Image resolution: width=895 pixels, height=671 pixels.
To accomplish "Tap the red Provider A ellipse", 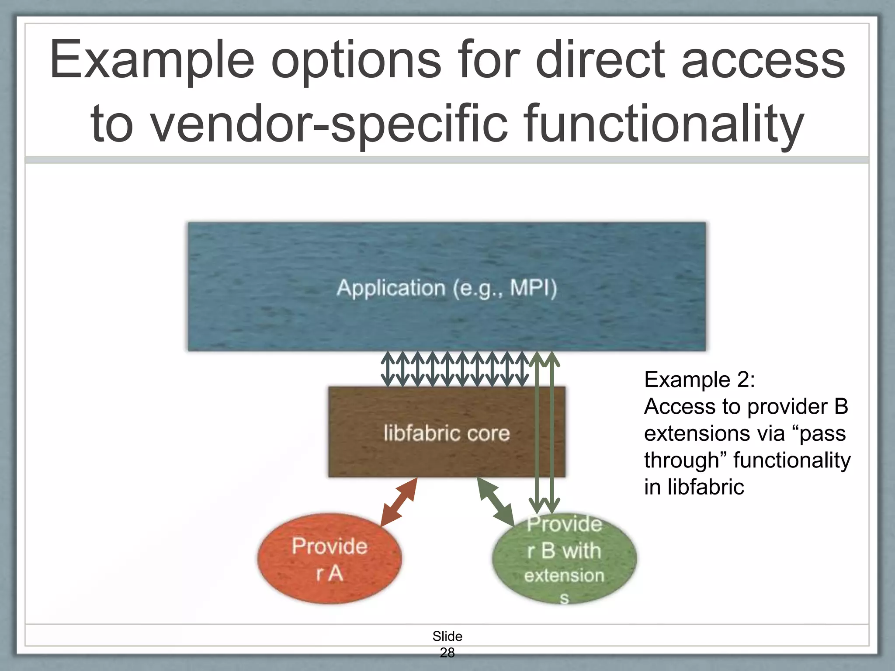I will (330, 559).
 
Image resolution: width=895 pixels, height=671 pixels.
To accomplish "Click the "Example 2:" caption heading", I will (699, 379).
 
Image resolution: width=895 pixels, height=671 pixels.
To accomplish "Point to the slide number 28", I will (447, 653).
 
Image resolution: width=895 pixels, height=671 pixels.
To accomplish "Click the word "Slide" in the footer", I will (447, 636).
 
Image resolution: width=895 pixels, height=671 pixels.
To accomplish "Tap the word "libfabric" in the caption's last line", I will (705, 487).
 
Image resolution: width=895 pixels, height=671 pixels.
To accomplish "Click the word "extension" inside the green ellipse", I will (564, 576).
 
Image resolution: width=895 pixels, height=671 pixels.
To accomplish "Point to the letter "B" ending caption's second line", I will (841, 406).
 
